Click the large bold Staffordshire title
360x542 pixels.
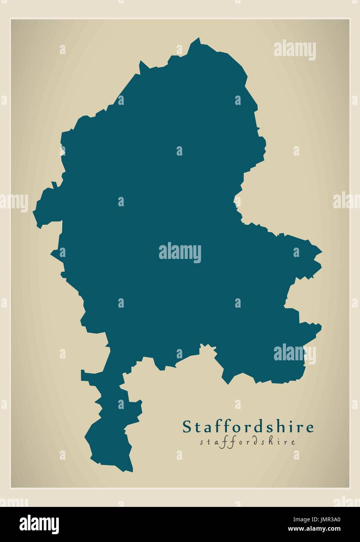click(248, 427)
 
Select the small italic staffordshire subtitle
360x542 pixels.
click(247, 442)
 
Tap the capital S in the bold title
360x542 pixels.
click(187, 427)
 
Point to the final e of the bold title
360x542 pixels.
click(310, 428)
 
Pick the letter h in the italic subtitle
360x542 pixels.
click(271, 442)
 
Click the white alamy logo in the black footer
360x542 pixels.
click(39, 524)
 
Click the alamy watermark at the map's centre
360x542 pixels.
click(180, 253)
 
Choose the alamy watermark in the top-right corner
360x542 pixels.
click(295, 50)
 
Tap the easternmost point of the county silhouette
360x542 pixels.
click(322, 252)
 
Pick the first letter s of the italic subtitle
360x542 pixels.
click(202, 443)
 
